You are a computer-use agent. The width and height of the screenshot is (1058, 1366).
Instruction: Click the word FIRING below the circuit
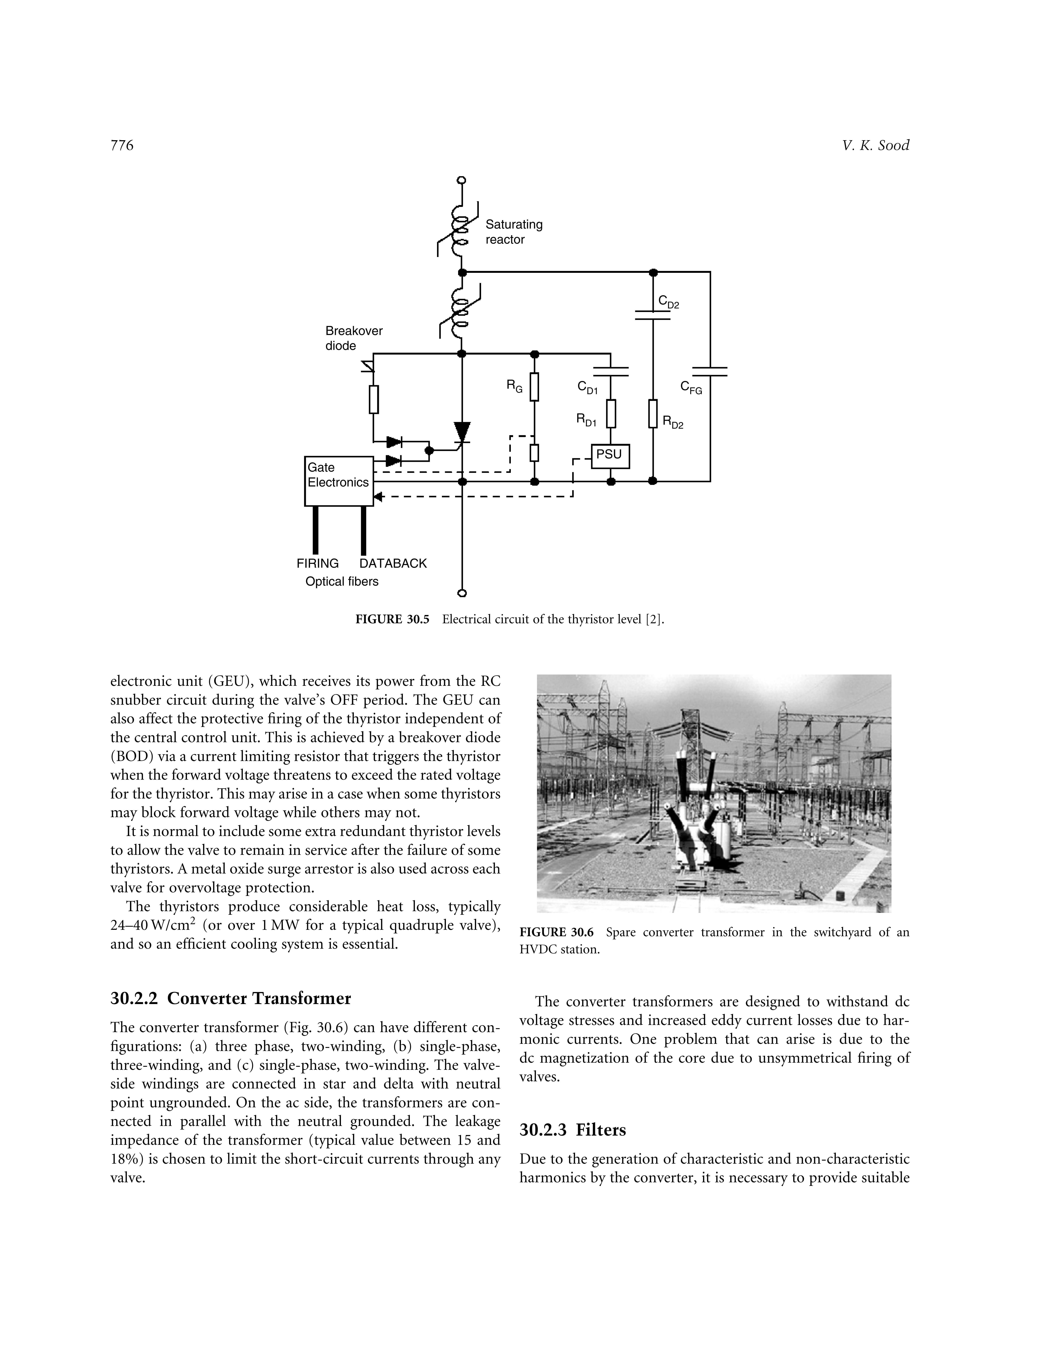(x=318, y=564)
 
